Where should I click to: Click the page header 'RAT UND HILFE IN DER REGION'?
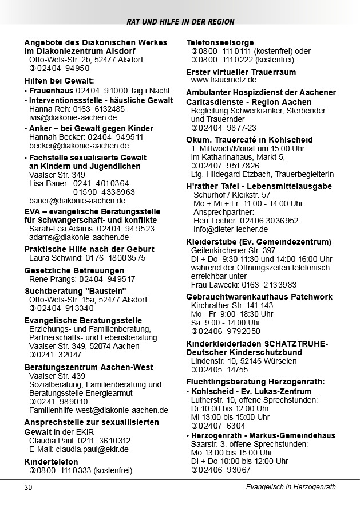pyautogui.click(x=180, y=22)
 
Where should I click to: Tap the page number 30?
pyautogui.click(x=29, y=487)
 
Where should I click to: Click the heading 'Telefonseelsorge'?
pyautogui.click(x=220, y=42)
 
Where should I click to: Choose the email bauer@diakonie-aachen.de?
pyautogui.click(x=77, y=201)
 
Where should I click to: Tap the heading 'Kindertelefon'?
pyautogui.click(x=51, y=461)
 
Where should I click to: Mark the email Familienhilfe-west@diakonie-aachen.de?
pyautogui.click(x=98, y=410)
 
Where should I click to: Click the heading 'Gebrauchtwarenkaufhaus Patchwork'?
pyautogui.click(x=259, y=297)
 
